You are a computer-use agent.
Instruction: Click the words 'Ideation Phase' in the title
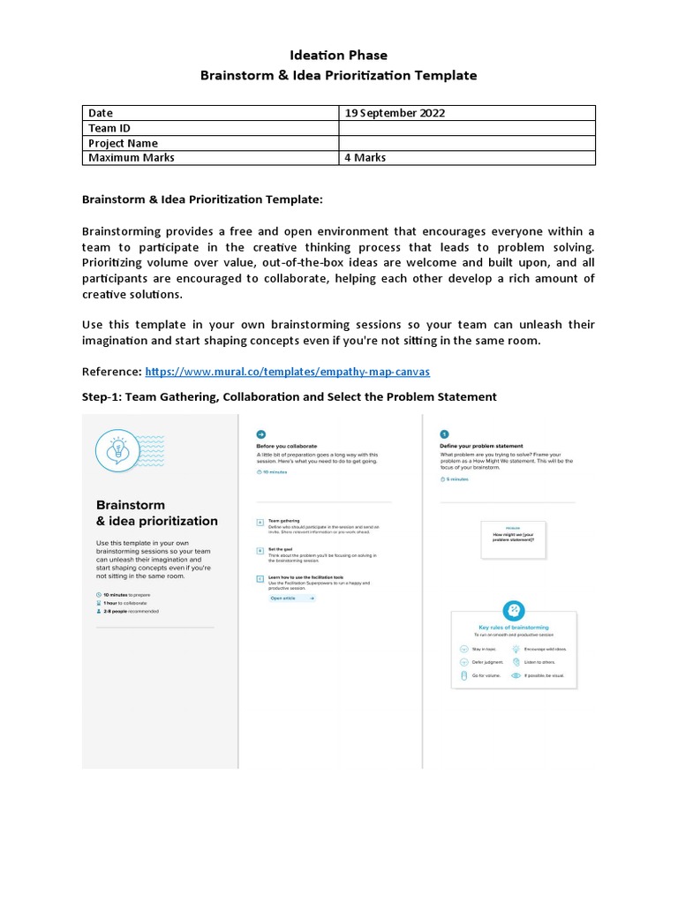[x=339, y=55]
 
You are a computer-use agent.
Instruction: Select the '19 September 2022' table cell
[x=395, y=113]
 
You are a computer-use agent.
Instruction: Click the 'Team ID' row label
[x=109, y=128]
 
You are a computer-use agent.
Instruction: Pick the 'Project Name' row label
[x=123, y=143]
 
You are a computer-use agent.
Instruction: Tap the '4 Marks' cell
[x=365, y=158]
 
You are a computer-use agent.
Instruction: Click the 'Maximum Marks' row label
[x=131, y=158]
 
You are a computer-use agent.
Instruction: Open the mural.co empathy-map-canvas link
[x=287, y=372]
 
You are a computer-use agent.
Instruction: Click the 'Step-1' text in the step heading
[x=101, y=397]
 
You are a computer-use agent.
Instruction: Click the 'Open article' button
[x=291, y=598]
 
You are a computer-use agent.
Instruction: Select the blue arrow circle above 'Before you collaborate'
[x=260, y=434]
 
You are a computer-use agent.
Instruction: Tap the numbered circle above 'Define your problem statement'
[x=444, y=434]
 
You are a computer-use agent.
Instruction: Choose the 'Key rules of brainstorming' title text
[x=514, y=628]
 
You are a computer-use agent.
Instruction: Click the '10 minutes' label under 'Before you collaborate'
[x=275, y=471]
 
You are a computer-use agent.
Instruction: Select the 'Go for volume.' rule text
[x=486, y=675]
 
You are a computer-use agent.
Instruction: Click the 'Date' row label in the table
[x=101, y=113]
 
